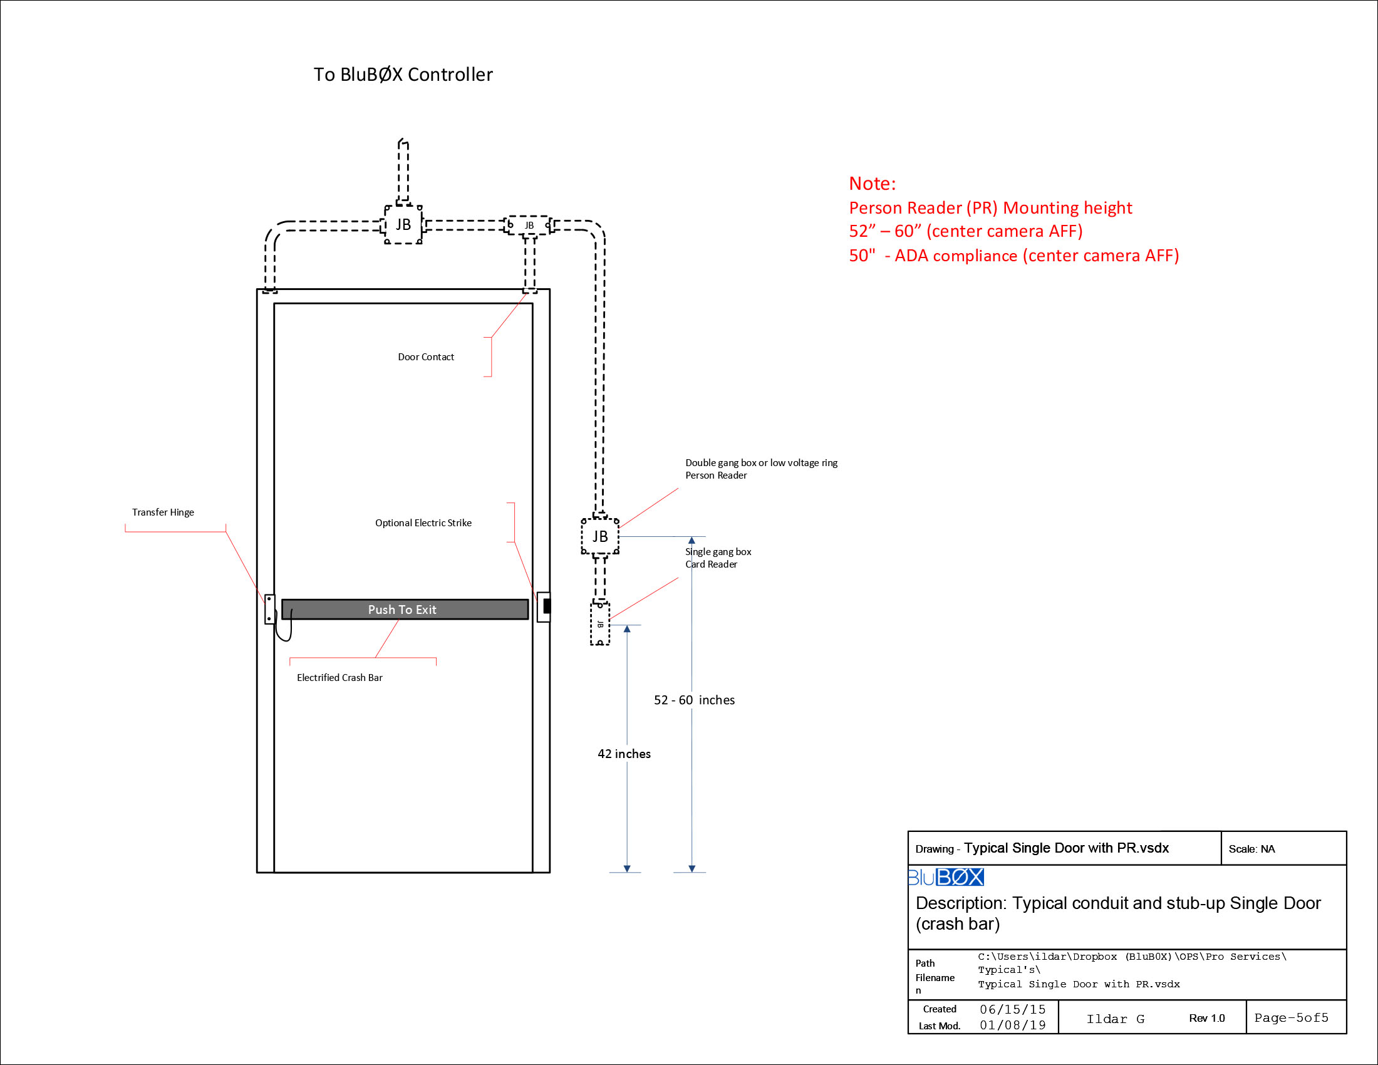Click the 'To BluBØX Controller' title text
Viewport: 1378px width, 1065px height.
coord(403,75)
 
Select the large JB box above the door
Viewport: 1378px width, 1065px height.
coord(403,225)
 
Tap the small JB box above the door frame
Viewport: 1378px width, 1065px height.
coord(529,226)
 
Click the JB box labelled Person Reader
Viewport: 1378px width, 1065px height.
coord(599,536)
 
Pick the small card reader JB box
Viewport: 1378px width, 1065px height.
coord(599,624)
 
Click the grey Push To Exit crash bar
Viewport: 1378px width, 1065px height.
coord(405,610)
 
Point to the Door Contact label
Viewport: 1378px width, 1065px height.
coord(425,357)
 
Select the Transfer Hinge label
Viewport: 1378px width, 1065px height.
coord(163,512)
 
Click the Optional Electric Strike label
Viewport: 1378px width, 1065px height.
coord(423,523)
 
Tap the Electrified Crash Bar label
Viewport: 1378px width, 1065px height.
coord(339,678)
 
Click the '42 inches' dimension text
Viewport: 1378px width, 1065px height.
coord(624,754)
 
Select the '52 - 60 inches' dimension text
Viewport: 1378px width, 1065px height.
coord(694,700)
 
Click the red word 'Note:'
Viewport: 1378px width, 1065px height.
coord(872,184)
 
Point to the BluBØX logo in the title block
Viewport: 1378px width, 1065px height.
coord(945,877)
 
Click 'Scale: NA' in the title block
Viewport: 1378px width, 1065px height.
coord(1251,849)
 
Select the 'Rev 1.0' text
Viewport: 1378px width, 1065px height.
coord(1206,1018)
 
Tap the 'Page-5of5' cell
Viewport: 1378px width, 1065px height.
coord(1291,1017)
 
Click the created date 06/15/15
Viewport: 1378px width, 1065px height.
coord(1012,1009)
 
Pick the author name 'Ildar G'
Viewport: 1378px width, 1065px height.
coord(1115,1019)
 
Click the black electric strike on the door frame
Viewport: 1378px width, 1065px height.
coord(546,606)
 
